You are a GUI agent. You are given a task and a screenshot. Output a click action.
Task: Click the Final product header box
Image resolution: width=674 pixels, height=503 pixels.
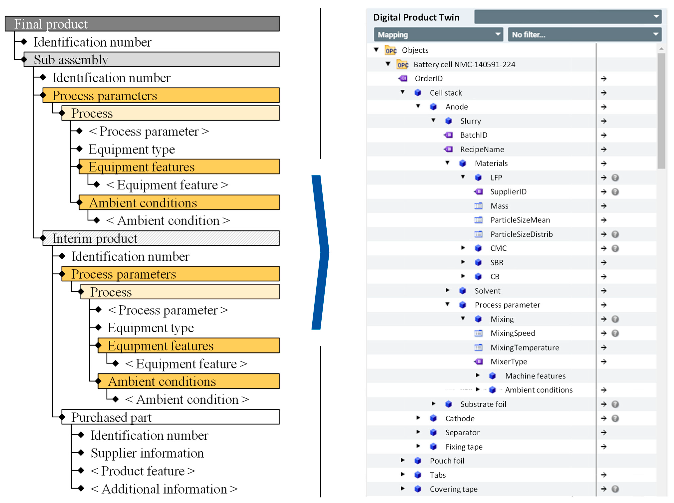[x=142, y=24]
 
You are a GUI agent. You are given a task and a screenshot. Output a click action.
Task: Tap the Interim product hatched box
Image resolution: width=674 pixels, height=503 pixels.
[x=161, y=238]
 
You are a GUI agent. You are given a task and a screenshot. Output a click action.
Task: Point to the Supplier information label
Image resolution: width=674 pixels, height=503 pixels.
[x=147, y=453]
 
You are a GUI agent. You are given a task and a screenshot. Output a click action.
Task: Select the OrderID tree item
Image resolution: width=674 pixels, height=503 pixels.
[x=428, y=79]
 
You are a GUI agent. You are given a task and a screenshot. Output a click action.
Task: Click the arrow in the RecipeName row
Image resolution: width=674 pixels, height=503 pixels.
[x=603, y=149]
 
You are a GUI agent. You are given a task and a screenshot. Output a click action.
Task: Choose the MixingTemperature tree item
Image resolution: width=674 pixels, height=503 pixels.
[x=524, y=347]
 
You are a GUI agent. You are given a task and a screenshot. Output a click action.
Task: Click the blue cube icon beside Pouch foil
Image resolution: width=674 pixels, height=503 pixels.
[x=418, y=461]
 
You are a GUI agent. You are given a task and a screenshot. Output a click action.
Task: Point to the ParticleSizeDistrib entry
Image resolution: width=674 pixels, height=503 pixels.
[x=521, y=234]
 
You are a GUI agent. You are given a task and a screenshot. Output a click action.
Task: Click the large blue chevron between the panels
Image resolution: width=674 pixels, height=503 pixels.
[x=320, y=252]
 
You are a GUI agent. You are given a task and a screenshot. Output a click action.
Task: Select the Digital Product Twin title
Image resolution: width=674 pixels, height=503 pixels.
[x=416, y=17]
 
